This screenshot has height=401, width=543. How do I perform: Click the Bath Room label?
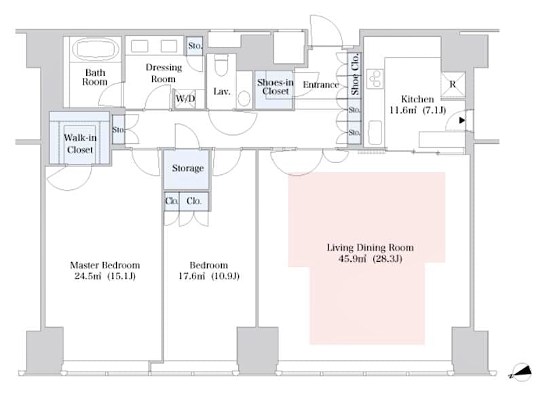click(95, 77)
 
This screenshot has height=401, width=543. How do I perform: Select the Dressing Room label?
click(163, 73)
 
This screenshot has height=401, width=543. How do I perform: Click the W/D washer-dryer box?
click(185, 99)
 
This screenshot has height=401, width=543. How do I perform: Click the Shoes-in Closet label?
click(275, 87)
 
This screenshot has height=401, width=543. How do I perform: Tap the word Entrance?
click(320, 85)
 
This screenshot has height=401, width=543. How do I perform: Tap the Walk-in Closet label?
click(79, 143)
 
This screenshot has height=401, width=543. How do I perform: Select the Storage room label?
click(187, 168)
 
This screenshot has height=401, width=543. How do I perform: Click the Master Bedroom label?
click(105, 265)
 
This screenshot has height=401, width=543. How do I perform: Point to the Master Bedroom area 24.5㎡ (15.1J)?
click(105, 276)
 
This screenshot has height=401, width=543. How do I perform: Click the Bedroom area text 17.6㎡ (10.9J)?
click(209, 276)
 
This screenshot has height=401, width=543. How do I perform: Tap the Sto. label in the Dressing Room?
click(194, 46)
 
